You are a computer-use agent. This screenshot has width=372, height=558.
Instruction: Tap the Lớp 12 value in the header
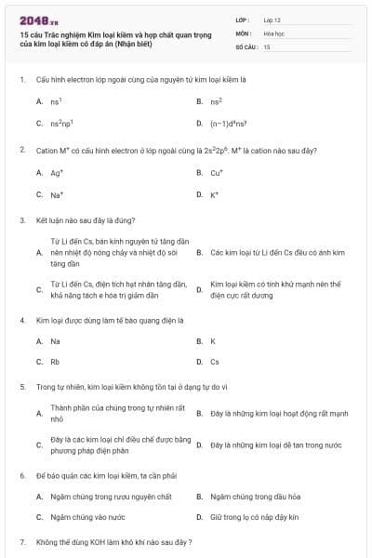click(272, 20)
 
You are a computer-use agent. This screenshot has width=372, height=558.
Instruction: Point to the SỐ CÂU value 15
click(267, 46)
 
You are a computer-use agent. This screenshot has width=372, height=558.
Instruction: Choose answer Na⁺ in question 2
click(57, 194)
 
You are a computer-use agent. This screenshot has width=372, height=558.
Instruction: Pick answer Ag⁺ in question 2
click(57, 172)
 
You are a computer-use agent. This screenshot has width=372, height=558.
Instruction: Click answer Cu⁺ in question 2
click(217, 172)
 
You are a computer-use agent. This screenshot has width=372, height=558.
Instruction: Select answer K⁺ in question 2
click(215, 194)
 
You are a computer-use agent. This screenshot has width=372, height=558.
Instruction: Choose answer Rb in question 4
click(55, 362)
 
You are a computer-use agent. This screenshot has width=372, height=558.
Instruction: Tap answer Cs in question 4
click(215, 362)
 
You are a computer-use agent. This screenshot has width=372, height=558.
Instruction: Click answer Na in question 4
click(55, 340)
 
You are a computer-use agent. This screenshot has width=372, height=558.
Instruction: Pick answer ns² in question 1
click(216, 100)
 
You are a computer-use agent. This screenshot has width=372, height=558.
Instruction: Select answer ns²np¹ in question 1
click(61, 123)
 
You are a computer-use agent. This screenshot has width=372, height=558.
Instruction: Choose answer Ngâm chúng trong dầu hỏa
click(255, 497)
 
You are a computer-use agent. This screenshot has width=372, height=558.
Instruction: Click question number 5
click(21, 385)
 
